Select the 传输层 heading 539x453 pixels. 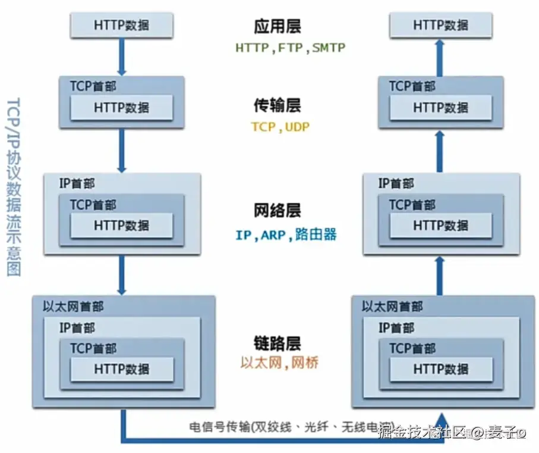(277, 105)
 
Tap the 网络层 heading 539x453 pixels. (277, 210)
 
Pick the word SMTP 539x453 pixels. (329, 48)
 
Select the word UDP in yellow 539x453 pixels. (297, 127)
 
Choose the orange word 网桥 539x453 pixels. (306, 363)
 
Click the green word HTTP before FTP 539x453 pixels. (252, 48)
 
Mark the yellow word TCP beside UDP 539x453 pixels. (263, 127)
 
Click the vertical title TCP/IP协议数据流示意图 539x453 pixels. (13, 185)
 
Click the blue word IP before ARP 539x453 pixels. (244, 235)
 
